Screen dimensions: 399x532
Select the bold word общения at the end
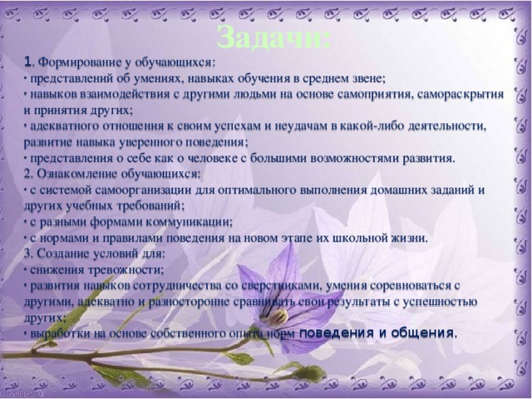pos(424,332)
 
